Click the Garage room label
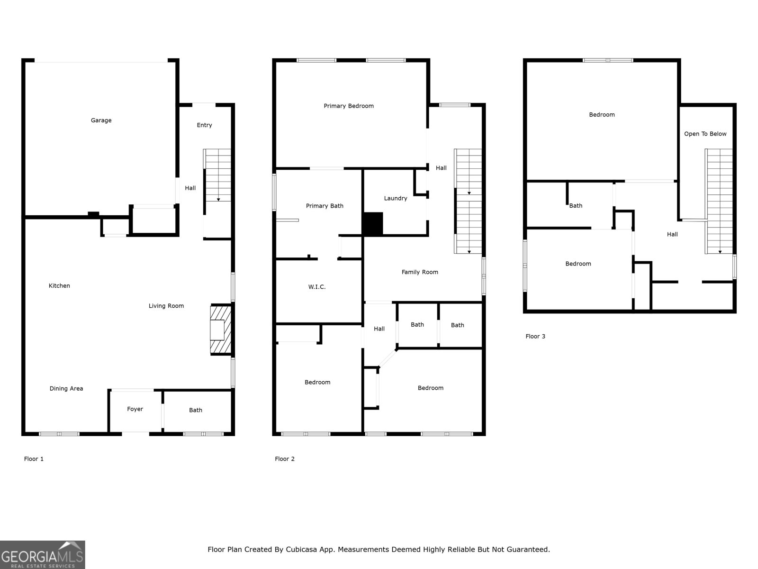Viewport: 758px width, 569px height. (x=101, y=120)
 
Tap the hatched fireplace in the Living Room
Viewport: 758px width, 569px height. (x=220, y=330)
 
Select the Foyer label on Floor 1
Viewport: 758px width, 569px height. (x=135, y=409)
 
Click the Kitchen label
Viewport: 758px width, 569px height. (x=59, y=286)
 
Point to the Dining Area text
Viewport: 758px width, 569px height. (x=66, y=389)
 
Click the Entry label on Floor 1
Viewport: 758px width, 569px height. (x=204, y=125)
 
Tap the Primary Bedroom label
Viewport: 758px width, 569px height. (x=349, y=106)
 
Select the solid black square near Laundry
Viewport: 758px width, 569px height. (x=373, y=224)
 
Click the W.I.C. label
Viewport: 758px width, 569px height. (x=317, y=287)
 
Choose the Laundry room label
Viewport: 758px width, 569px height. (x=396, y=199)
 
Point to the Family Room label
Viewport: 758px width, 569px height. (x=420, y=272)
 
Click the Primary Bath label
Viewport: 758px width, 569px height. (x=325, y=206)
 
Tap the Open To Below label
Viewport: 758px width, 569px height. (x=705, y=134)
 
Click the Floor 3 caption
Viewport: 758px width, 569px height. (x=535, y=337)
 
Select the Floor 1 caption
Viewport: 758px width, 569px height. (x=34, y=459)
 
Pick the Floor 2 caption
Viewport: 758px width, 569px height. (x=285, y=459)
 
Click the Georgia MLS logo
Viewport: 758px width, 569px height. (x=42, y=555)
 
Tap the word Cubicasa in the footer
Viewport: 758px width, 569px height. (x=302, y=550)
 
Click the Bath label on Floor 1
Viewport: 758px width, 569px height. (x=196, y=411)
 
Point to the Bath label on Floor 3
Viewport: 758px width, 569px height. (x=576, y=206)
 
